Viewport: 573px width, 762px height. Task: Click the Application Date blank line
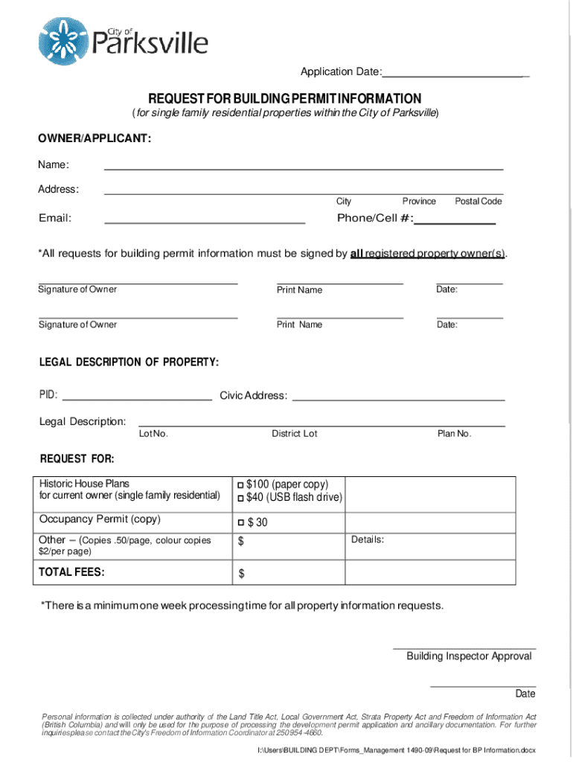click(x=455, y=75)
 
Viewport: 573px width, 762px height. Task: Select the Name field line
click(x=303, y=167)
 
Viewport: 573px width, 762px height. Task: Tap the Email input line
click(x=205, y=221)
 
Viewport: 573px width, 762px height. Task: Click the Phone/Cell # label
click(x=375, y=218)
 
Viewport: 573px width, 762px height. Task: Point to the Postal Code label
click(x=478, y=202)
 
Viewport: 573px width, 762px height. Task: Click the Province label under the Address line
click(x=419, y=202)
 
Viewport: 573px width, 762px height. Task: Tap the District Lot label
click(x=294, y=434)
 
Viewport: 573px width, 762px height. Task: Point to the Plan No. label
click(x=454, y=434)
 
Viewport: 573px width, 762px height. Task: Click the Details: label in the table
click(x=368, y=540)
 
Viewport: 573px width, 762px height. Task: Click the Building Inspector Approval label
click(x=469, y=656)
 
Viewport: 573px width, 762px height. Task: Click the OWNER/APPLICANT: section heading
click(x=95, y=138)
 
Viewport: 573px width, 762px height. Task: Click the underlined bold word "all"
click(x=356, y=254)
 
